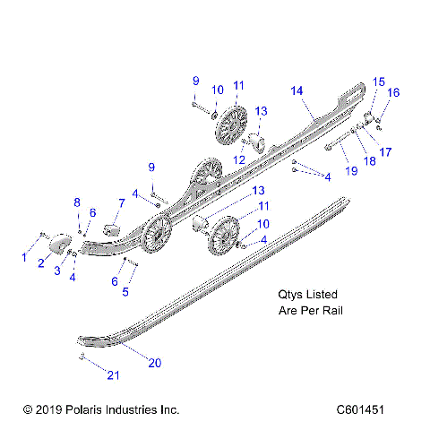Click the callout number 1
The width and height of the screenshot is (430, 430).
(x=24, y=258)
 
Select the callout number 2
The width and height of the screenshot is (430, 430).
(x=41, y=263)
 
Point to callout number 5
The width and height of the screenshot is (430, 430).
(x=125, y=291)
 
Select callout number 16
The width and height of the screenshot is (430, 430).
(x=393, y=92)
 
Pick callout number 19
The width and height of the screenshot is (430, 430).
(x=351, y=170)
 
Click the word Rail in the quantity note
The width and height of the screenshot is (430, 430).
(x=332, y=311)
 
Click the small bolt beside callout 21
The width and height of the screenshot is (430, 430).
(x=82, y=357)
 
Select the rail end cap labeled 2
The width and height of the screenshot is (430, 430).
(x=58, y=242)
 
